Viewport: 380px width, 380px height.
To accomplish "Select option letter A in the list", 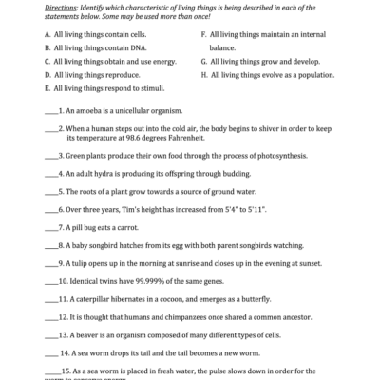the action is coord(47,32).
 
